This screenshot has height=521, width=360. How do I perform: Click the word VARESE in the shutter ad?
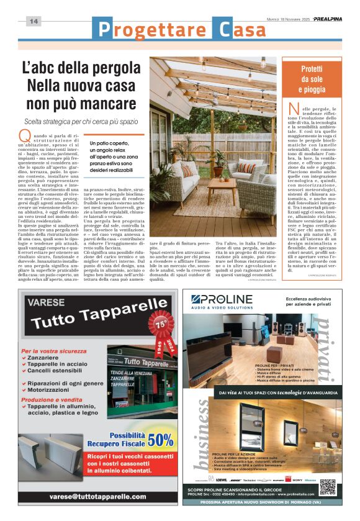pyautogui.click(x=42, y=303)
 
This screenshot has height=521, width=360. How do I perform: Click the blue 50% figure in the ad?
pyautogui.click(x=161, y=440)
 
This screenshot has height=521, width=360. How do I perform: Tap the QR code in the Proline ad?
pyautogui.click(x=326, y=487)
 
